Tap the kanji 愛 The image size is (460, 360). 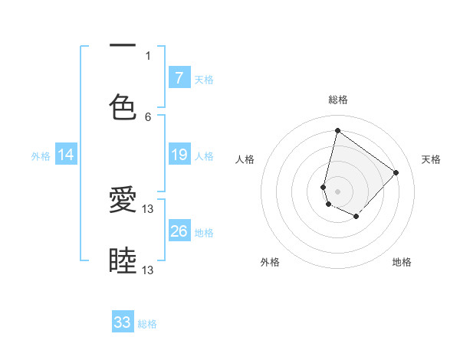[123, 201]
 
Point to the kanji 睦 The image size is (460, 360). [123, 260]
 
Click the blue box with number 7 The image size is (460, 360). [179, 77]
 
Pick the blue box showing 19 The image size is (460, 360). [179, 155]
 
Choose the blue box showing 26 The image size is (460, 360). [179, 231]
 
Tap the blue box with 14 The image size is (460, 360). [66, 155]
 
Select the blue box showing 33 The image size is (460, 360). [123, 322]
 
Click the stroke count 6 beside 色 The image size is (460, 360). [148, 116]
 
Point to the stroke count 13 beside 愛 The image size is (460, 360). [148, 208]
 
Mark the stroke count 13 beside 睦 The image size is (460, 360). [148, 270]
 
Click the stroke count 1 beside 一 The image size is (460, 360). [148, 55]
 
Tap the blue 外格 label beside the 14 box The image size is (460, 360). [41, 155]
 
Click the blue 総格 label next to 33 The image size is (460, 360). [147, 324]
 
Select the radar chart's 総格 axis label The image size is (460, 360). [338, 100]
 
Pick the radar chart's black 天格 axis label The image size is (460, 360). [431, 159]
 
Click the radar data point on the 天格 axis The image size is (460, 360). [396, 172]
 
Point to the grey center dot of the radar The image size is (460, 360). [338, 191]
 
